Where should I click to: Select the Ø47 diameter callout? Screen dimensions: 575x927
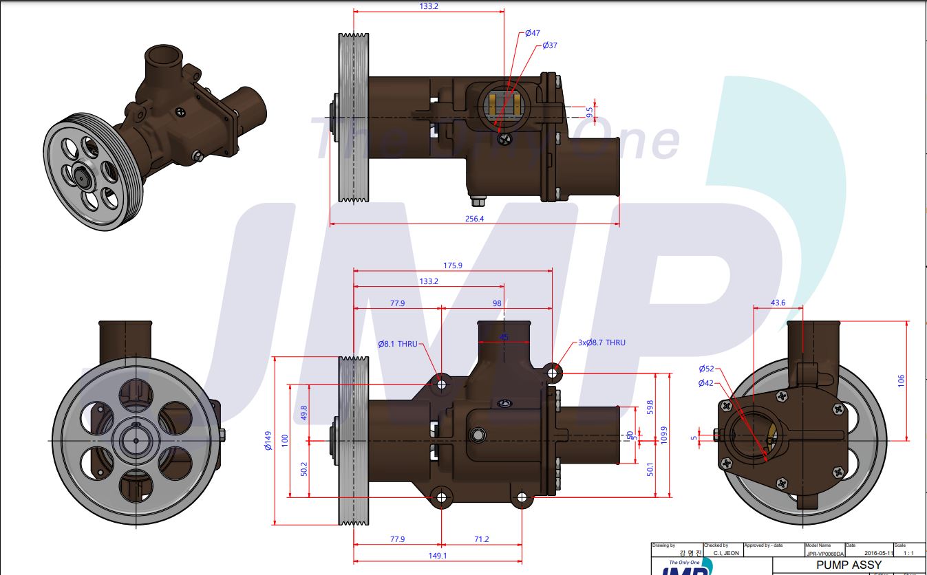tap(532, 33)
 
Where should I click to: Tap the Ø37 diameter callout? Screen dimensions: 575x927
tap(549, 45)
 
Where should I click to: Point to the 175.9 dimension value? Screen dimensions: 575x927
tap(452, 265)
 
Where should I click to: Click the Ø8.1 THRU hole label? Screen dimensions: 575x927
tap(397, 343)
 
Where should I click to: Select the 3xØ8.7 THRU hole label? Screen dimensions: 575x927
tap(601, 342)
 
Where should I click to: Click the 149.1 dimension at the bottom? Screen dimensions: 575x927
tap(437, 556)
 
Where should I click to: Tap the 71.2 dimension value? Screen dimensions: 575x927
tap(481, 539)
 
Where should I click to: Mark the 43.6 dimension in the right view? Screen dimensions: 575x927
tap(777, 303)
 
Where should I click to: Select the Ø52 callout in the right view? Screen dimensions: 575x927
tap(705, 369)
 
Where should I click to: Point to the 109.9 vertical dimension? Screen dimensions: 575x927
tap(664, 435)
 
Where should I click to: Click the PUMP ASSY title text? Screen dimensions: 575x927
tap(848, 565)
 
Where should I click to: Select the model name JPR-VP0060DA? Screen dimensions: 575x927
tap(824, 552)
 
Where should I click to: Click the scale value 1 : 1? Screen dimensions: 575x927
tap(909, 552)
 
